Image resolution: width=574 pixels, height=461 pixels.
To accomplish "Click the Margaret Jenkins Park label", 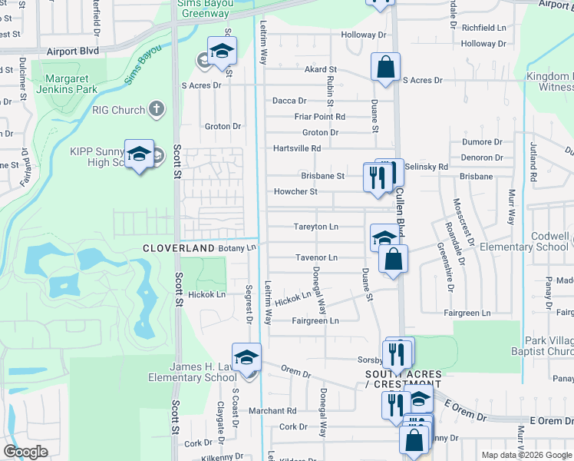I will pos(71,84).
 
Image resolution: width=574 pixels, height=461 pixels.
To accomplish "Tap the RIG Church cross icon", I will pos(157,109).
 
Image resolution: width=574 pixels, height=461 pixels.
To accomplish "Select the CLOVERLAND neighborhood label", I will pos(178,249).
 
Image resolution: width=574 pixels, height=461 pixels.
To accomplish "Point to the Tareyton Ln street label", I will pos(316,227).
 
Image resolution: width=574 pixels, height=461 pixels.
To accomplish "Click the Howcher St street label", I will pos(296,191).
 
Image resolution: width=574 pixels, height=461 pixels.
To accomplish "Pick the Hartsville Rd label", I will pos(297,148).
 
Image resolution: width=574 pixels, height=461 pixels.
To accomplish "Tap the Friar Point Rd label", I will pos(320,117).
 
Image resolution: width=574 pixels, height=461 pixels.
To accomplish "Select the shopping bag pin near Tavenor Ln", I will pos(393,260).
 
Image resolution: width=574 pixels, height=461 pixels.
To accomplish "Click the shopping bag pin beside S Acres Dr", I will pos(385,67).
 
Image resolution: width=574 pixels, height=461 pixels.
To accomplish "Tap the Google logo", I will pos(25,452).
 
